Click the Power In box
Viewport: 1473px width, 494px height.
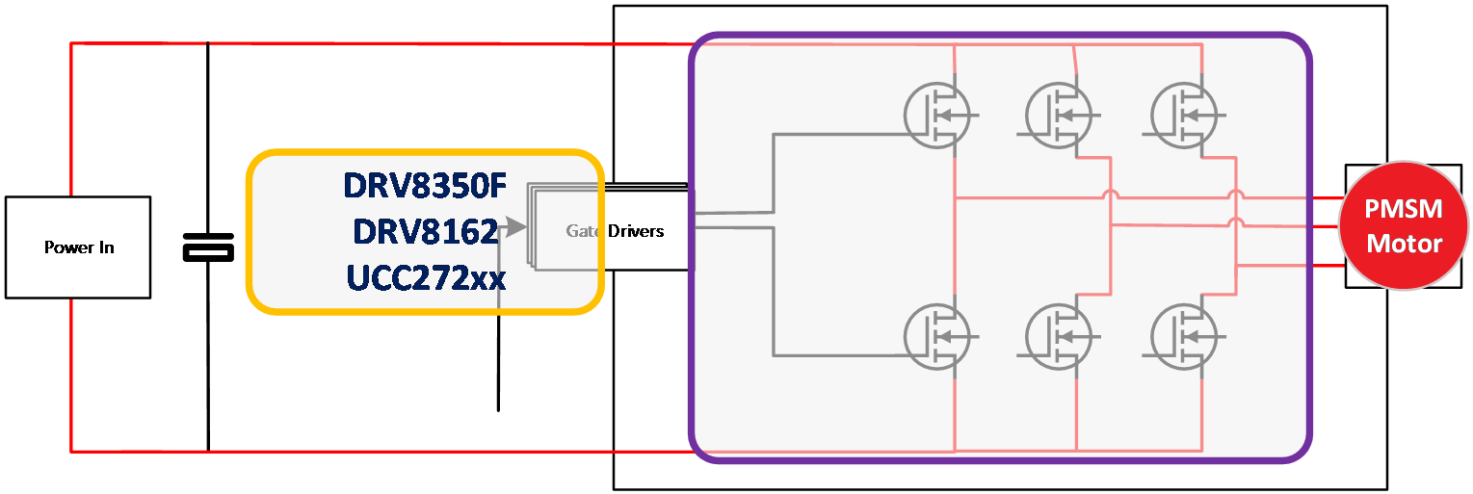tap(78, 247)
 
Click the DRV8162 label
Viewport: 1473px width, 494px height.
tap(425, 231)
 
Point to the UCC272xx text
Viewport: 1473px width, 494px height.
tap(425, 278)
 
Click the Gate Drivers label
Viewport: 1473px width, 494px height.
tap(615, 231)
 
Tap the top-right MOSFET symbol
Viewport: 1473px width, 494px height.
tap(1184, 115)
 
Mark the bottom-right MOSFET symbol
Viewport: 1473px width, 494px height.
tap(1184, 336)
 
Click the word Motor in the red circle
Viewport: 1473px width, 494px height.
tap(1404, 243)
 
